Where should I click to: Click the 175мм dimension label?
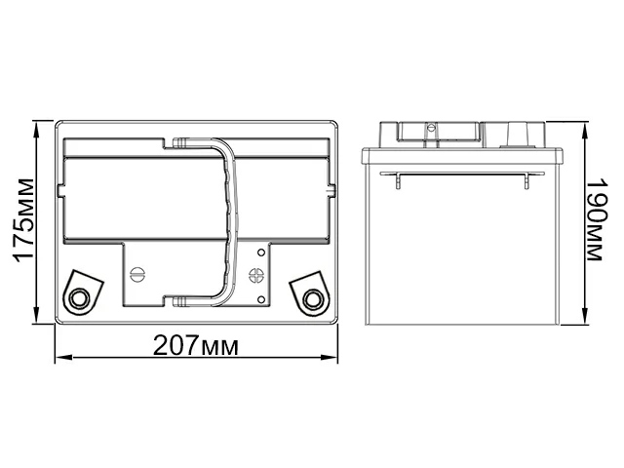tap(22, 222)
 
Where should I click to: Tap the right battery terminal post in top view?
tap(312, 297)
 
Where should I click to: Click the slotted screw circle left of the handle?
tap(137, 275)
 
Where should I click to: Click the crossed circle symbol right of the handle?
tap(259, 275)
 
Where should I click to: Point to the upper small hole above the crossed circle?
tap(259, 254)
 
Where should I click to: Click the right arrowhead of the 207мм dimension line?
tap(333, 357)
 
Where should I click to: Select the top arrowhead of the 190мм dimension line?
tap(584, 128)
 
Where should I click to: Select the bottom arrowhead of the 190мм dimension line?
tap(584, 323)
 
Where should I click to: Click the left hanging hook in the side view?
tap(401, 182)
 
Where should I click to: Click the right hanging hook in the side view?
tap(526, 182)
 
